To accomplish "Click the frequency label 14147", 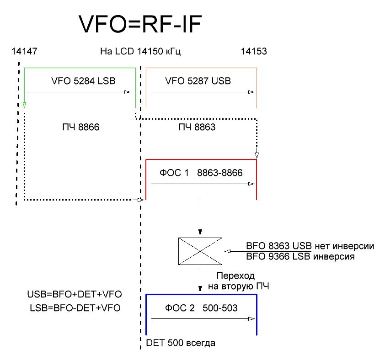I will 24,52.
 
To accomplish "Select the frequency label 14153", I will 254,52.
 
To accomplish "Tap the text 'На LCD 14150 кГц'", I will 140,52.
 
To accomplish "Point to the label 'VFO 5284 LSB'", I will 83,81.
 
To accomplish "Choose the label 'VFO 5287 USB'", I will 198,81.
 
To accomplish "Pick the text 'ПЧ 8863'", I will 197,127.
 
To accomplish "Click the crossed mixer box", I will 200,251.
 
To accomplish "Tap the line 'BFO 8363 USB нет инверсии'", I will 310,246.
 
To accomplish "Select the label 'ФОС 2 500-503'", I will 201,308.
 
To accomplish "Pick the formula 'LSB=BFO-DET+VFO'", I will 74,308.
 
